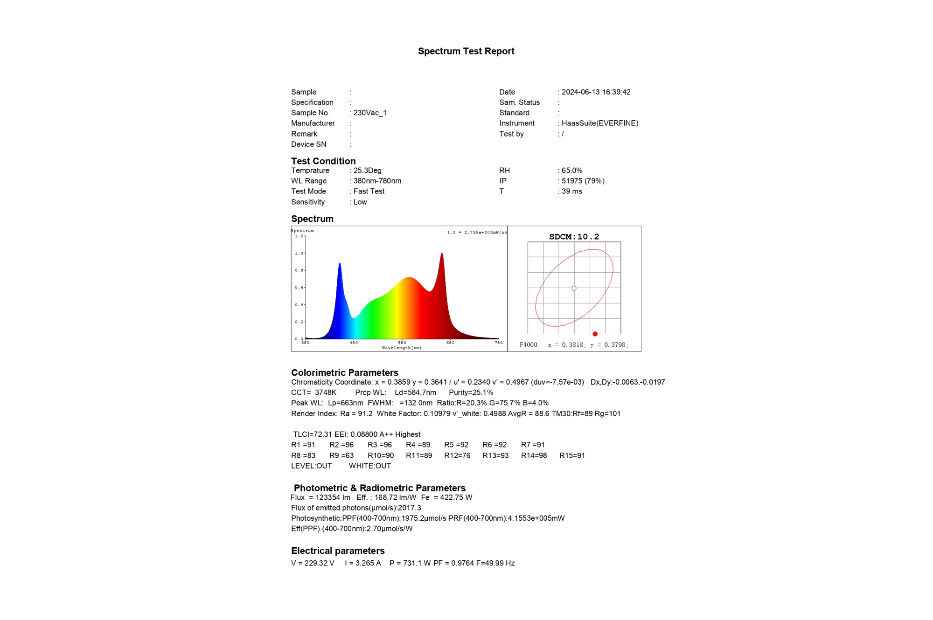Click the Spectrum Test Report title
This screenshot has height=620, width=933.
pos(466,51)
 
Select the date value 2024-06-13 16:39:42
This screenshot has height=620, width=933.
pos(596,92)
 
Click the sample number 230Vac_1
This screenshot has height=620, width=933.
pos(370,113)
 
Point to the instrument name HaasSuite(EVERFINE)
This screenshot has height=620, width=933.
pos(600,123)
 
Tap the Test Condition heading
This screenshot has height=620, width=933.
pos(323,161)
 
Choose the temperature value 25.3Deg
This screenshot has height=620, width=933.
pos(367,171)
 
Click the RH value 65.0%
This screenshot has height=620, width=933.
pos(572,171)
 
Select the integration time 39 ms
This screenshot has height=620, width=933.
pos(571,191)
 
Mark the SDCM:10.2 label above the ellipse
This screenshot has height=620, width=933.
pos(574,237)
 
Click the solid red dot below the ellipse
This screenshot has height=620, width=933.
pos(595,334)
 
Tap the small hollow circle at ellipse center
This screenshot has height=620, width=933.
pos(574,288)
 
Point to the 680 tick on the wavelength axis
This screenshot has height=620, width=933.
pos(450,343)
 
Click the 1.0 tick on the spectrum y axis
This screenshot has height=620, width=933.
pos(299,253)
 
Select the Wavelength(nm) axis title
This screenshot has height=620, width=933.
pos(401,348)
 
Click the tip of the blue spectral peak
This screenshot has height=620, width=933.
pos(340,264)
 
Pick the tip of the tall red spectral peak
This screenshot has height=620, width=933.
pos(442,254)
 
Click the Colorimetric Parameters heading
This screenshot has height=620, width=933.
pos(345,372)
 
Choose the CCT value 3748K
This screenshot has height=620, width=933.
pos(325,393)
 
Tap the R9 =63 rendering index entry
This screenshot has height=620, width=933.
pos(341,455)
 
